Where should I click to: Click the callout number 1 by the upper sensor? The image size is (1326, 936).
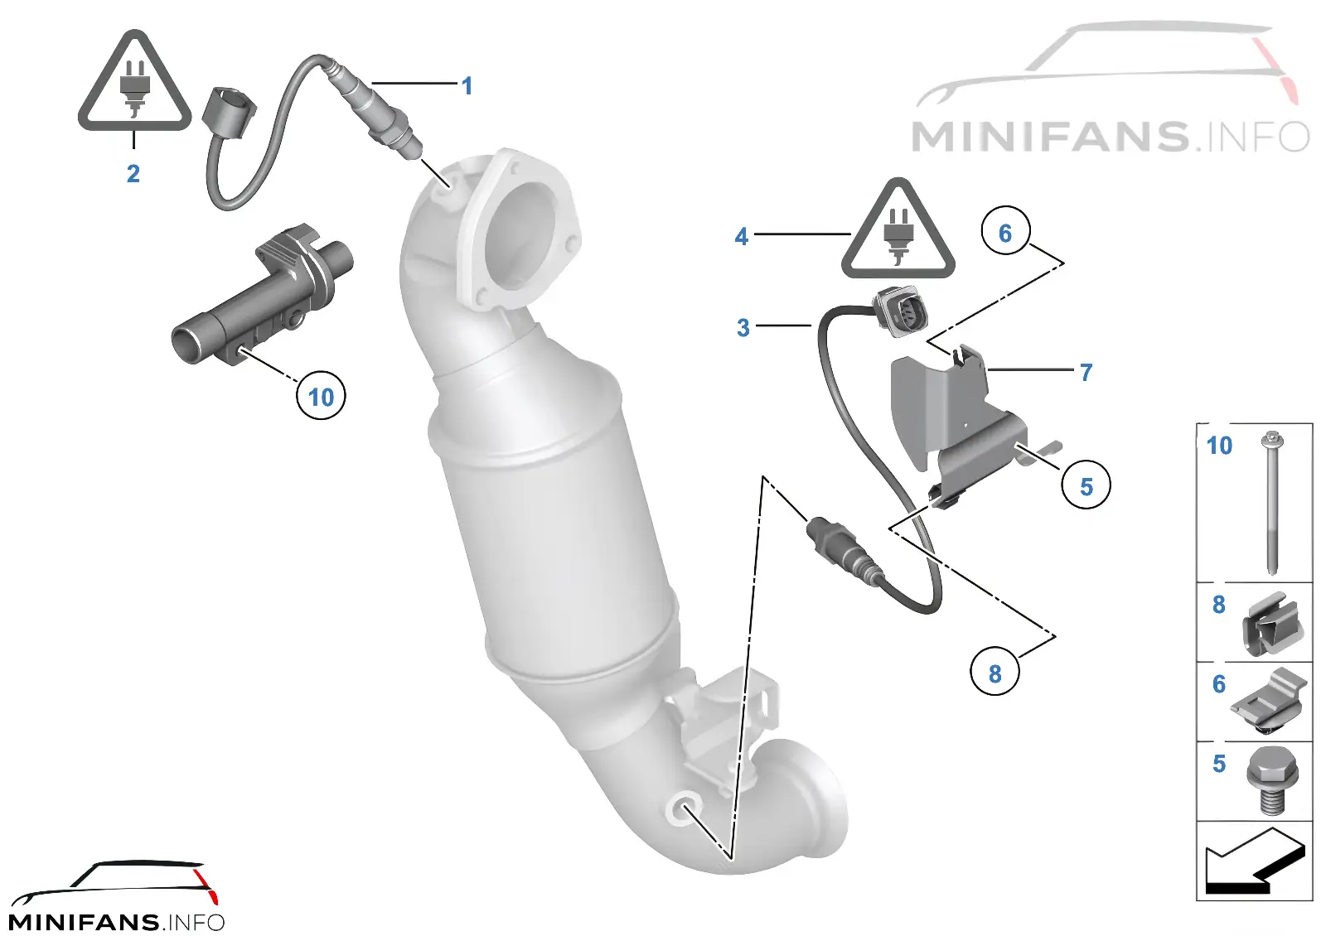(x=467, y=86)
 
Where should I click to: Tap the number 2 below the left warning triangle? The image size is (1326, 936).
(x=133, y=173)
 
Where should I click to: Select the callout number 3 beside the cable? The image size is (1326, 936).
(x=743, y=328)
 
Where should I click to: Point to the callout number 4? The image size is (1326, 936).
(x=742, y=237)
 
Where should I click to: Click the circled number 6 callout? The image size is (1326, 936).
(x=1006, y=231)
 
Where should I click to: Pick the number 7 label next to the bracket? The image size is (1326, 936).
(x=1086, y=372)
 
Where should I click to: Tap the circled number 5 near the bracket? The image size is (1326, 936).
(x=1086, y=485)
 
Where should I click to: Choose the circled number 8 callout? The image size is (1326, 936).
(x=995, y=671)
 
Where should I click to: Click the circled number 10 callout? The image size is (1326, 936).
(x=321, y=396)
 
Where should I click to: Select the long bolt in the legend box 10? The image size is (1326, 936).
(x=1271, y=504)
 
